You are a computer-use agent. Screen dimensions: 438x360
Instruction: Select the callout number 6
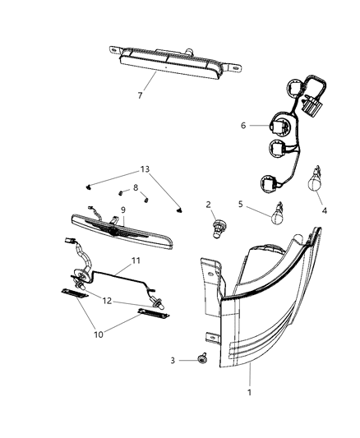click(244, 127)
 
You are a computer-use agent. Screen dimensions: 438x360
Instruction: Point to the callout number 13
click(145, 168)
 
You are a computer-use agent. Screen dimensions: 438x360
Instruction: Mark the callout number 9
click(122, 210)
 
